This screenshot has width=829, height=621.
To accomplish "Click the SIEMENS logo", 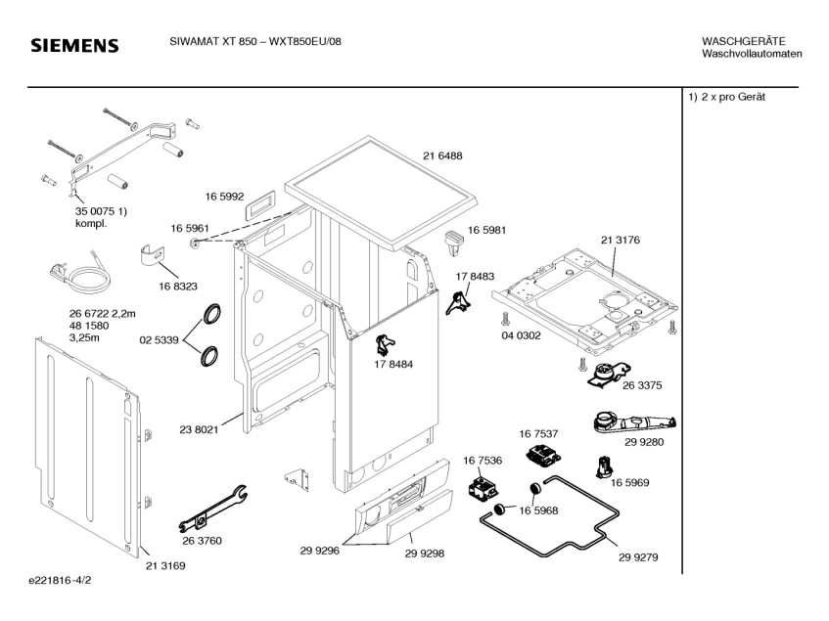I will pos(74,46).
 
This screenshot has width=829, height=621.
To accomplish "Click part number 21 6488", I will pos(442,156).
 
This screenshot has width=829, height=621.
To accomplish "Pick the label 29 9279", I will pos(637,557).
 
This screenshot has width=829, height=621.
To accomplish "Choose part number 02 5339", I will pos(159,340).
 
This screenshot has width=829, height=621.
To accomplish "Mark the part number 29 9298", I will pos(425,552).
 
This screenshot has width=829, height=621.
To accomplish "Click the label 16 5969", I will pos(631,482).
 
